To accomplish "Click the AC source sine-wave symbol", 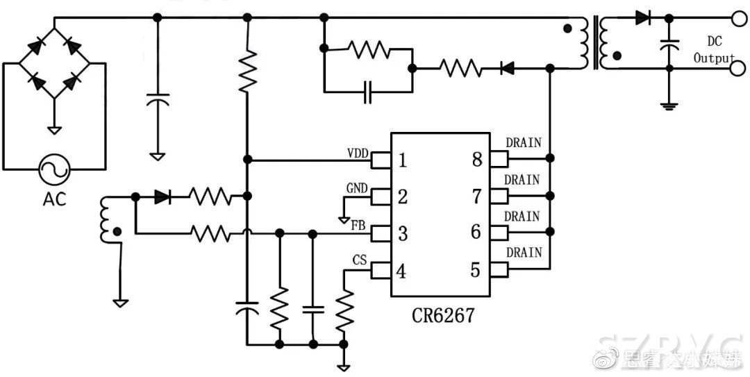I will [x=53, y=168].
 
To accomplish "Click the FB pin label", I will [x=359, y=226].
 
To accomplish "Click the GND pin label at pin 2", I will [x=358, y=188].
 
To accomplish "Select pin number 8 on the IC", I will [x=476, y=160].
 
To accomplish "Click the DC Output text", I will [x=714, y=51].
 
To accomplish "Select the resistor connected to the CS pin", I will [x=344, y=311].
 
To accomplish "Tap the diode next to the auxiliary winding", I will [x=162, y=197].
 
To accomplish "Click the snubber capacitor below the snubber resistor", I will [x=368, y=91].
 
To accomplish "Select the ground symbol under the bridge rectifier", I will [x=53, y=129].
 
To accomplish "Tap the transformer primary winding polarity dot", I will [x=569, y=29].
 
